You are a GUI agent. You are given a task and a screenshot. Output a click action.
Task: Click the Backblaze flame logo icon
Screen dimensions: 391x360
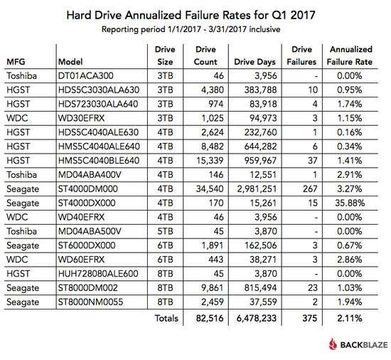[333, 344]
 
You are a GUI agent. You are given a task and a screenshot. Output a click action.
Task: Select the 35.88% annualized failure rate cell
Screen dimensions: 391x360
[350, 203]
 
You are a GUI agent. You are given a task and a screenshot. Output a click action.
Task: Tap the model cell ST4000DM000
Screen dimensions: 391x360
[87, 189]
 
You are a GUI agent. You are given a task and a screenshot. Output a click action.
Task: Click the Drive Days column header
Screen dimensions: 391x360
[255, 62]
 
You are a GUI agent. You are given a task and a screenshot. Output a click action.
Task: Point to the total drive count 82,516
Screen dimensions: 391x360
[210, 318]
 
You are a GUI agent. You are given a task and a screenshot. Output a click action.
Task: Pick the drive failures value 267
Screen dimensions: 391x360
[310, 189]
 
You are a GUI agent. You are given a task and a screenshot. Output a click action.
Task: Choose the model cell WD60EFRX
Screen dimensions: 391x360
[81, 260]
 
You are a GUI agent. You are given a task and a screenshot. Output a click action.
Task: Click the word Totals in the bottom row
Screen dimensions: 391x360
[166, 318]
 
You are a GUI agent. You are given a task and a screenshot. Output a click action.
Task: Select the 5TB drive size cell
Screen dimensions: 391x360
[165, 231]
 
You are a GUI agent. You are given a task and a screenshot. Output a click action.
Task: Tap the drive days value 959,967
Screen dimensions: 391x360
[260, 161]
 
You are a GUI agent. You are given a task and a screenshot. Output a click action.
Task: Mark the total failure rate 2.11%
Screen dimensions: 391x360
[350, 318]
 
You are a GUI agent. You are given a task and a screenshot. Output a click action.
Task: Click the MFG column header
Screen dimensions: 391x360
[16, 62]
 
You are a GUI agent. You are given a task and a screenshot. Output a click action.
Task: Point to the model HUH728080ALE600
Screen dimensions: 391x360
[98, 274]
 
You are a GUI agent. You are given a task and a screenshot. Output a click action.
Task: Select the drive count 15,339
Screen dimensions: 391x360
[210, 161]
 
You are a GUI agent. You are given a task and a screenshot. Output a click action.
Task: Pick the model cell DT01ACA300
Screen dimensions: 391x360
[86, 76]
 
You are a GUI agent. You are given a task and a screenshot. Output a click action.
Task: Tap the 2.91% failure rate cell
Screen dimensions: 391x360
[350, 174]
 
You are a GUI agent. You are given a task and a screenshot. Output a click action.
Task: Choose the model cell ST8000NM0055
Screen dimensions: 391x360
[90, 302]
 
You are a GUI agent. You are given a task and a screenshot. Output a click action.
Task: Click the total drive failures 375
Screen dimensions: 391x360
[310, 318]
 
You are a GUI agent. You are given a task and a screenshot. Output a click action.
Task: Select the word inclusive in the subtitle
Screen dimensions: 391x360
[264, 29]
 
